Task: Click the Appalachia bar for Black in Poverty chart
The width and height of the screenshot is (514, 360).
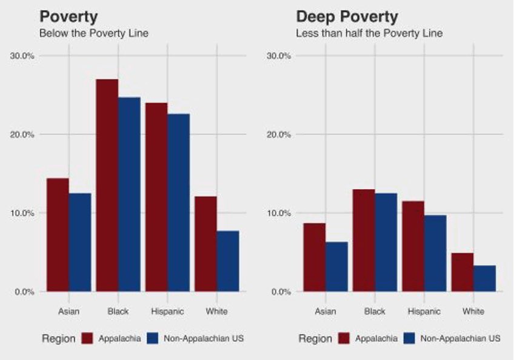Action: [107, 185]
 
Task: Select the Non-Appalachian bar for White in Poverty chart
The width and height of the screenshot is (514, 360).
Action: [228, 261]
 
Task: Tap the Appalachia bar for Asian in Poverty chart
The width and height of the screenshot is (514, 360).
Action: [58, 235]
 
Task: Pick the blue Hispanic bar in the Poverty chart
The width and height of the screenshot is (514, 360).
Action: [178, 202]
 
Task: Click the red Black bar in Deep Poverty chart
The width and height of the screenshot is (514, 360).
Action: [364, 240]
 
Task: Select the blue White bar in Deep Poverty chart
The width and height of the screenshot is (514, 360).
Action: [484, 278]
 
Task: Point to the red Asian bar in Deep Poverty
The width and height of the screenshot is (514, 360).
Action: [315, 257]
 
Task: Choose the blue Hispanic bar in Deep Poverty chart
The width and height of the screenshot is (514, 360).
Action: [435, 253]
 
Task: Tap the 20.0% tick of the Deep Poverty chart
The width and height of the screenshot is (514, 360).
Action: [279, 135]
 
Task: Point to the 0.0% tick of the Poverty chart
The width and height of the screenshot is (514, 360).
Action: [25, 292]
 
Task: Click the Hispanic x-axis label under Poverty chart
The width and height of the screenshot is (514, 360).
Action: [167, 312]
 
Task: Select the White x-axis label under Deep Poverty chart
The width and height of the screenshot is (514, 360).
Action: [473, 312]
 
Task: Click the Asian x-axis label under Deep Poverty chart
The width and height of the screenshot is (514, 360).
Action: [325, 312]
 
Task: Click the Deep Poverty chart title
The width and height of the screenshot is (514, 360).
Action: [347, 16]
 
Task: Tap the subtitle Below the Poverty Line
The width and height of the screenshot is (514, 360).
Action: [93, 33]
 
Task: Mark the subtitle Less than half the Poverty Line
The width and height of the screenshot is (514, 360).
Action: [369, 33]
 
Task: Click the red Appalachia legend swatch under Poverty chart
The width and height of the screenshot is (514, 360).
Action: [87, 338]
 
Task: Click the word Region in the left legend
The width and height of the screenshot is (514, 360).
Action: [58, 339]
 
